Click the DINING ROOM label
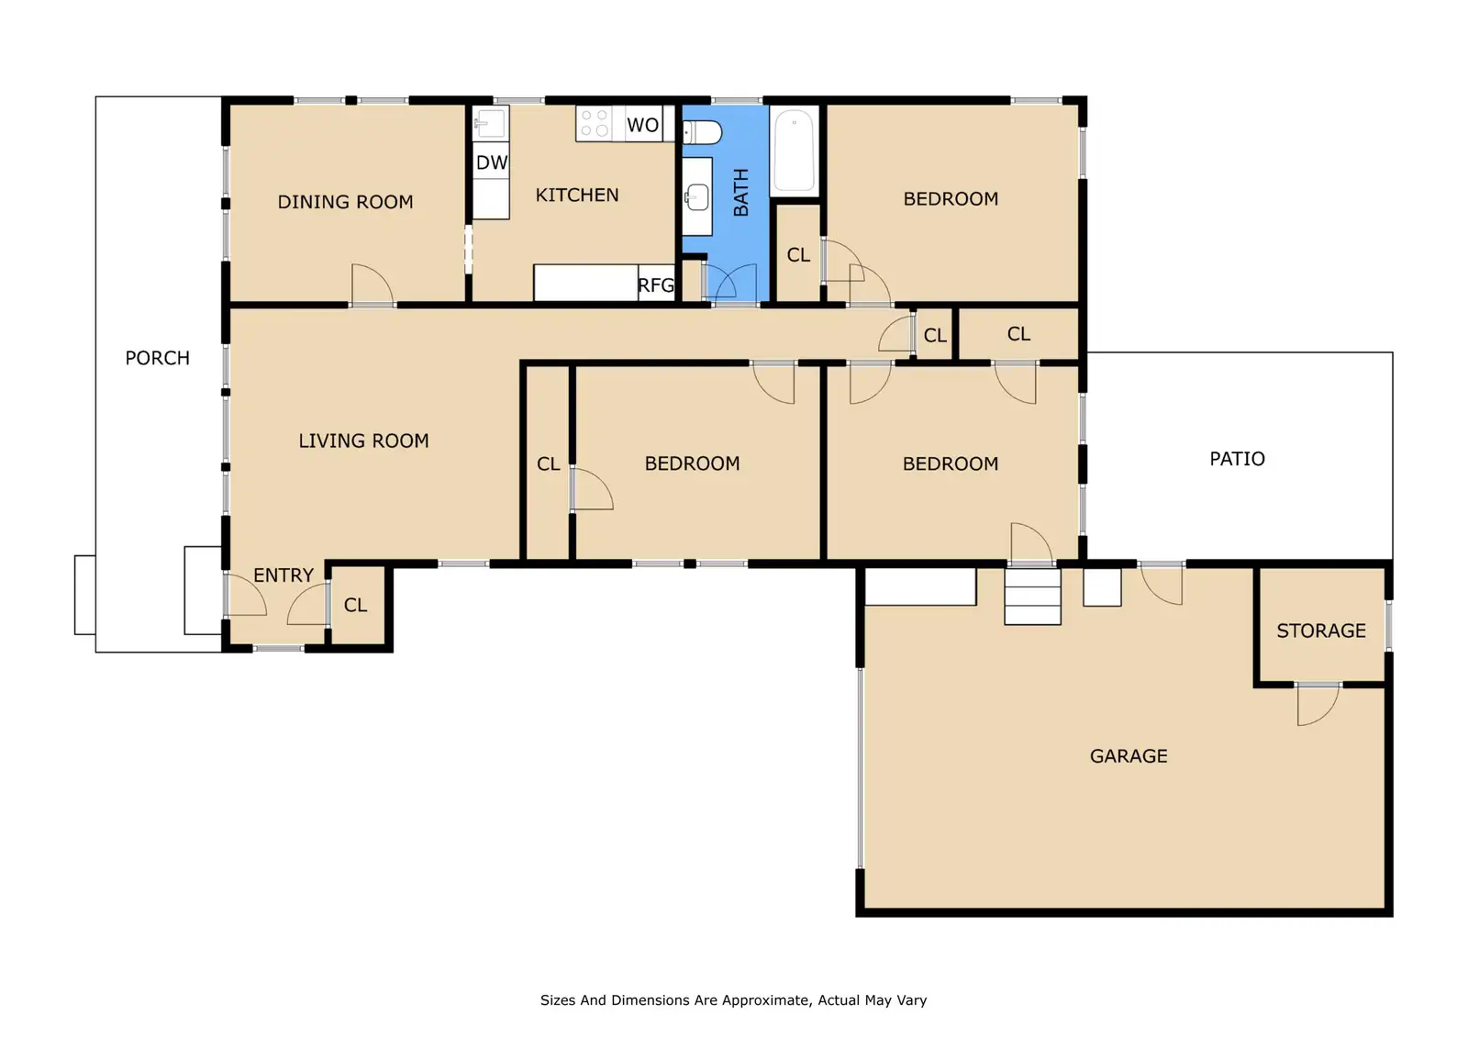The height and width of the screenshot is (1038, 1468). tap(345, 202)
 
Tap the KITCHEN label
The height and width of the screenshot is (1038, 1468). tap(577, 195)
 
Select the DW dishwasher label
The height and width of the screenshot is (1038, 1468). tap(492, 162)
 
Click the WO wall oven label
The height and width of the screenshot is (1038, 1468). tap(642, 125)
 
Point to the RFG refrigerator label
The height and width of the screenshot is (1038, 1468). tap(655, 285)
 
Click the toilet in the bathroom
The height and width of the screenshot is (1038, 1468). tap(702, 132)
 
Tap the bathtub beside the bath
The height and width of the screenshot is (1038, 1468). tap(795, 151)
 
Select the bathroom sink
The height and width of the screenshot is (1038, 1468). tap(696, 196)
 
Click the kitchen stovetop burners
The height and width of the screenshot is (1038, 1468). tap(595, 123)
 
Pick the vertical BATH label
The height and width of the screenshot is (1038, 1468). tap(741, 192)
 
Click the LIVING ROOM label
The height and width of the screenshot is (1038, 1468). tap(363, 441)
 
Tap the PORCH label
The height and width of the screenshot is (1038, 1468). tap(157, 358)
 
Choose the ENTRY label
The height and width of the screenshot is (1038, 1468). tap(284, 575)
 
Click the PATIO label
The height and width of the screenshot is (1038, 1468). tap(1238, 458)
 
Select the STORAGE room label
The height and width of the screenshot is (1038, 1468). tap(1321, 631)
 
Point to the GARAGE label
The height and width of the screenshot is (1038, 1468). tap(1129, 756)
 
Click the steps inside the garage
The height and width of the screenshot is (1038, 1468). tap(1033, 596)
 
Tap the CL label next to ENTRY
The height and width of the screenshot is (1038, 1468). tap(355, 605)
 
